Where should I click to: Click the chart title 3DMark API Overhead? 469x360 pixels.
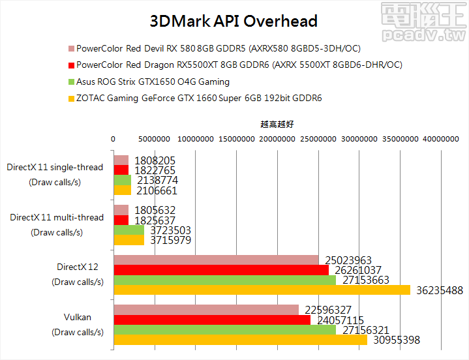[x=234, y=22]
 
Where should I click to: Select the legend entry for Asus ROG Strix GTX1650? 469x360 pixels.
[x=153, y=82]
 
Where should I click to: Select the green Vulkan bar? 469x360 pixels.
[x=225, y=330]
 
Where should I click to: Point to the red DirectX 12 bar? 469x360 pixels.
[x=221, y=270]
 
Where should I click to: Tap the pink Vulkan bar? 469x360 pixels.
[x=206, y=310]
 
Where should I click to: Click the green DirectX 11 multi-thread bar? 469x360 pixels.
[x=129, y=230]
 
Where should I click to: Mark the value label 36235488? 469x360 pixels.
[x=438, y=291]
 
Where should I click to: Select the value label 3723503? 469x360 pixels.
[x=169, y=230]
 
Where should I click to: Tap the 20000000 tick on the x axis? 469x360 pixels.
[x=277, y=138]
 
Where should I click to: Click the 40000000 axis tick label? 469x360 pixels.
[x=440, y=138]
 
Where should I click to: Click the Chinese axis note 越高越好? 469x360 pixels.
[x=277, y=123]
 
